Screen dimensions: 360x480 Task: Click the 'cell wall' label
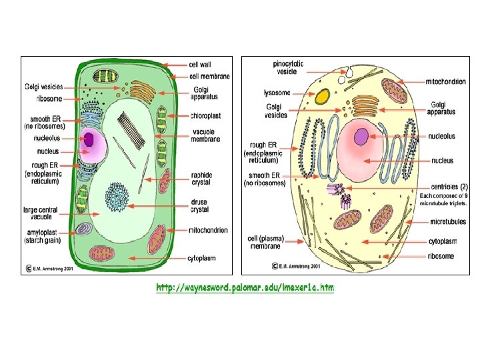pos(200,65)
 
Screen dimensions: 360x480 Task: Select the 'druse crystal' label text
pos(200,205)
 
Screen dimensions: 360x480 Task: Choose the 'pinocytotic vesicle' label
pos(289,67)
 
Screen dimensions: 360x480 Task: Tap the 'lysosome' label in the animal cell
pos(277,93)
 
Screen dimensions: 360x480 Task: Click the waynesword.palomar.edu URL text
pos(245,288)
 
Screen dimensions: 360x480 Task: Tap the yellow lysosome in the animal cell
pos(323,97)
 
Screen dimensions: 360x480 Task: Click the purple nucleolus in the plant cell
pos(89,139)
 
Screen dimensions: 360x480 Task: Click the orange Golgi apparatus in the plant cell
pos(141,91)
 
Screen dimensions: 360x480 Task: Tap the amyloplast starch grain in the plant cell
pos(83,229)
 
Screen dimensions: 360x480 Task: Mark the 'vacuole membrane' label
pos(203,135)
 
